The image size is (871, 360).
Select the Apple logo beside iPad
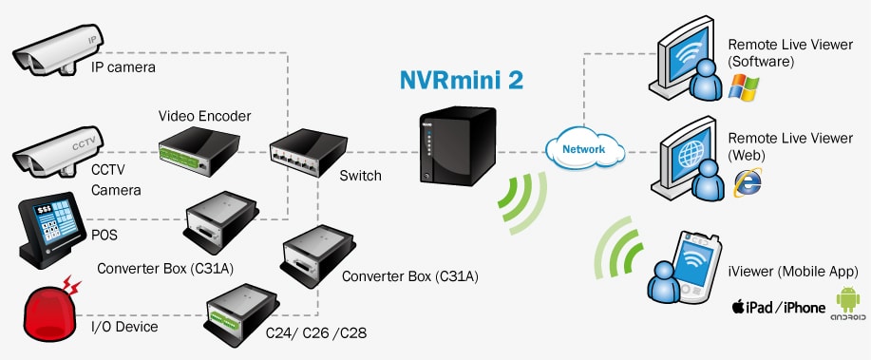point(736,307)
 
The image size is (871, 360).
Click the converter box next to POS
point(218,219)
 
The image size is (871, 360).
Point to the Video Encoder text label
point(204,116)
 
